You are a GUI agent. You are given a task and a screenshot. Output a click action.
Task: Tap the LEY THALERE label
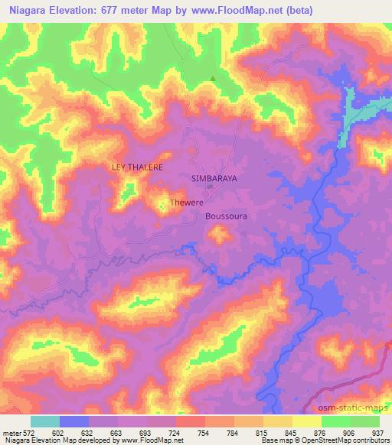click(x=138, y=166)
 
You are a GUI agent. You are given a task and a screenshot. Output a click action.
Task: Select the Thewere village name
click(x=185, y=203)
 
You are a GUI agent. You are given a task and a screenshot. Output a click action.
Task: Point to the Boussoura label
click(x=227, y=216)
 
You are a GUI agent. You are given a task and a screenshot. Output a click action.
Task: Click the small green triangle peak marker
click(x=213, y=78)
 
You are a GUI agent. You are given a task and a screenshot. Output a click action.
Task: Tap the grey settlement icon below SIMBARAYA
click(x=210, y=186)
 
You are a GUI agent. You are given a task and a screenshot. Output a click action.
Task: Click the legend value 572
click(x=28, y=432)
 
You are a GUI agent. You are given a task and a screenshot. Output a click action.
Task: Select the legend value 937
click(x=377, y=432)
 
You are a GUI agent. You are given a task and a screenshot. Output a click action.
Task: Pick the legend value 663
click(x=116, y=432)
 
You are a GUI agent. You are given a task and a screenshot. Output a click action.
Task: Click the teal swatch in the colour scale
click(x=45, y=421)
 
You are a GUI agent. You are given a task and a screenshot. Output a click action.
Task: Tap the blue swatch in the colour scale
click(x=74, y=421)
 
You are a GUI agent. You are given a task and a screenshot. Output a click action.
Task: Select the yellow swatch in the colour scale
click(x=307, y=421)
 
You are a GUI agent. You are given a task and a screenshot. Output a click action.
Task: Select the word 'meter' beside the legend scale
click(x=11, y=432)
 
